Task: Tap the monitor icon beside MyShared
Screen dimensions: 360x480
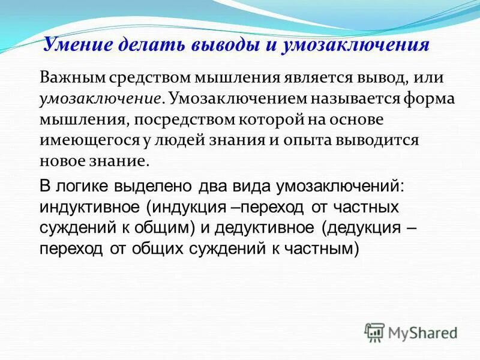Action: (374, 331)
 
